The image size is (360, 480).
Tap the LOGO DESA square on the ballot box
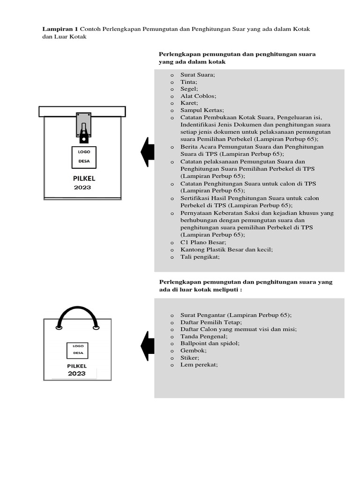pos(84,158)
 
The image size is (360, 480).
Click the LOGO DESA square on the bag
pos(77,350)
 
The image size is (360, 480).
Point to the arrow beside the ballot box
pos(147,152)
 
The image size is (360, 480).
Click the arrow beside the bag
pos(147,346)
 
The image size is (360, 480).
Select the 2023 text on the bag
pos(77,374)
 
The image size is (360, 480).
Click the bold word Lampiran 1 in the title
pos(60,29)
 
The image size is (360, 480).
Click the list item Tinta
pos(189,82)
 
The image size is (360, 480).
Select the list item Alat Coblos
pos(198,96)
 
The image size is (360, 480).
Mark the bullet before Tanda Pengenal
pos(172,337)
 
